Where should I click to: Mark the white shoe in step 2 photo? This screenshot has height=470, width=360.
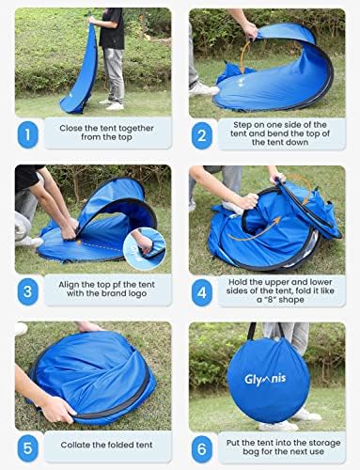point(203,89)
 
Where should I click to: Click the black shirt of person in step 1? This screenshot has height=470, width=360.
point(113,28)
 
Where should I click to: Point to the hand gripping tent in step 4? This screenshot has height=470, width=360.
point(246,200)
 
